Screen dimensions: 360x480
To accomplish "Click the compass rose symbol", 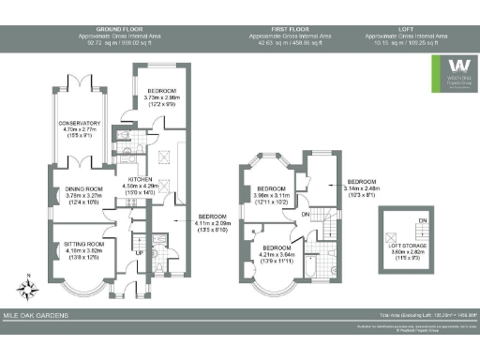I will [x=31, y=282].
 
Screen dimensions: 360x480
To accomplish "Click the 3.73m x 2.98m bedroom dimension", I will [x=168, y=98].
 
